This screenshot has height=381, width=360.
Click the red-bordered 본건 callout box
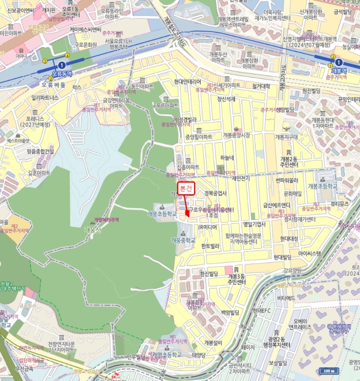click(187, 188)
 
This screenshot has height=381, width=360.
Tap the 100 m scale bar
click(328, 371)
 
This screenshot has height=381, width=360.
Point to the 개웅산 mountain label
click(94, 230)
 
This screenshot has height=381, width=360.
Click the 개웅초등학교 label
click(162, 214)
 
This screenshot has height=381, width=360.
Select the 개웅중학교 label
click(182, 239)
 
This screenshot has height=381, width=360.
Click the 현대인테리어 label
click(188, 82)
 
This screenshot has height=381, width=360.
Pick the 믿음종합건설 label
click(40, 152)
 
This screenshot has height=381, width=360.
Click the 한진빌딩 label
click(209, 273)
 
